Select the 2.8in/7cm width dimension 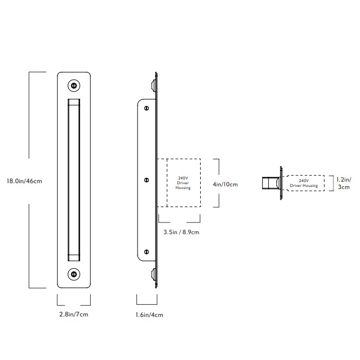coord(73,314)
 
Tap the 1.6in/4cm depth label coord(149,315)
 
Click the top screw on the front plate coord(74,85)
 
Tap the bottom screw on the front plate coord(74,274)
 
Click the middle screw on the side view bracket coord(147,181)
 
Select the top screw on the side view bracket coord(147,107)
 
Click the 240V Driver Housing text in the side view coord(183,183)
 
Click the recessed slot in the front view coord(74,179)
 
